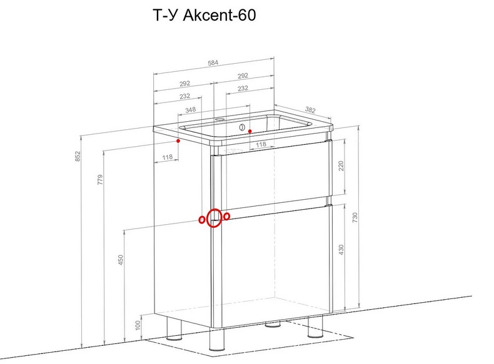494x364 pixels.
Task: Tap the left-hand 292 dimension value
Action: (x=184, y=84)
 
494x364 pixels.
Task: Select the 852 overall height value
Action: (x=78, y=157)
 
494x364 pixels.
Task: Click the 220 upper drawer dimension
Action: (x=341, y=166)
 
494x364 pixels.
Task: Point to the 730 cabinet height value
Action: (x=356, y=217)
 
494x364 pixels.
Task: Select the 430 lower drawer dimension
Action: (x=341, y=249)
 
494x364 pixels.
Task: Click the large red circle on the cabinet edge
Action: (x=214, y=218)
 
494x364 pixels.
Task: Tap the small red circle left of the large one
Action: (x=202, y=219)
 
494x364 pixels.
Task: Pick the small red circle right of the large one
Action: (x=226, y=216)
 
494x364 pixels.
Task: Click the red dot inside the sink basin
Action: (x=249, y=131)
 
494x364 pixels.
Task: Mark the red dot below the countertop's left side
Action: (x=178, y=141)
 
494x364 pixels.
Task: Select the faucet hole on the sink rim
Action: (x=220, y=118)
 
